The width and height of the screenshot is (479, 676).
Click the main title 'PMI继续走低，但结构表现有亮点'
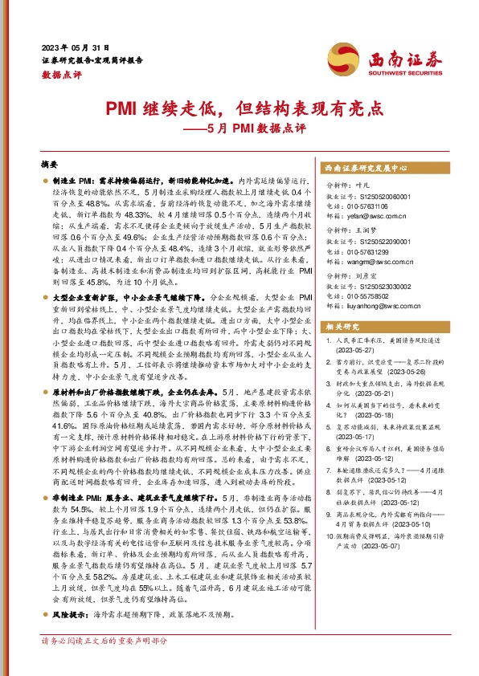[239, 108]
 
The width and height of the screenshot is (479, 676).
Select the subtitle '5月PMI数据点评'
[262, 127]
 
